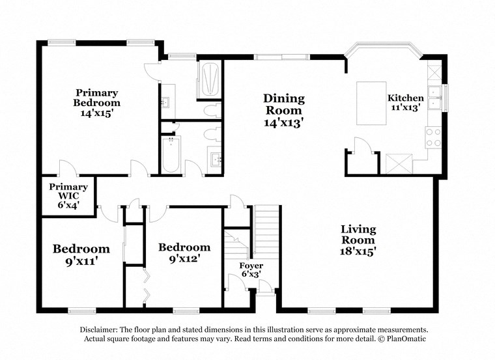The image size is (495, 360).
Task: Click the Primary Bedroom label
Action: pyautogui.click(x=96, y=98)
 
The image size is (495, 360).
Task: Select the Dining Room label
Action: pyautogui.click(x=283, y=104)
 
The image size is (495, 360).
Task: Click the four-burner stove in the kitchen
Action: pyautogui.click(x=433, y=137)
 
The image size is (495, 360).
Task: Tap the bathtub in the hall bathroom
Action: pyautogui.click(x=171, y=155)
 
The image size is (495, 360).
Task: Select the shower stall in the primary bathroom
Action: pyautogui.click(x=210, y=79)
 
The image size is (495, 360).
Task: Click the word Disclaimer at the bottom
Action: pyautogui.click(x=102, y=330)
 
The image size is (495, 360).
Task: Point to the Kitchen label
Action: pyautogui.click(x=405, y=98)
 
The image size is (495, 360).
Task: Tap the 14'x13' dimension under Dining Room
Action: pyautogui.click(x=283, y=122)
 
